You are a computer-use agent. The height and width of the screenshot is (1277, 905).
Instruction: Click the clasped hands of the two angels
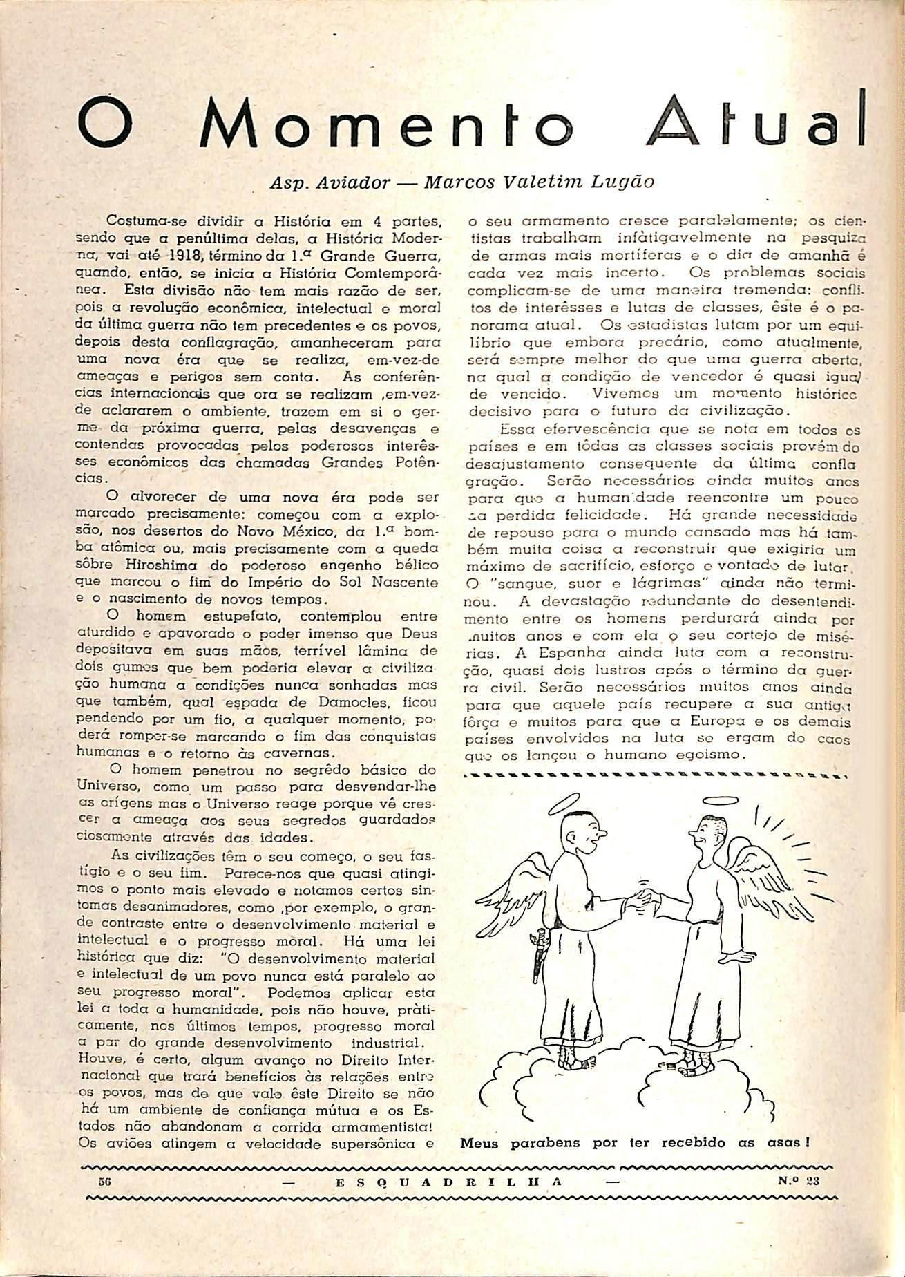tap(645, 897)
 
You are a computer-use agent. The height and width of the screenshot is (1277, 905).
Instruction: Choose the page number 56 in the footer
tap(106, 1181)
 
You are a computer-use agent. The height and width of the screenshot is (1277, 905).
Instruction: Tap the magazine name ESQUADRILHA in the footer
tap(448, 1182)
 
